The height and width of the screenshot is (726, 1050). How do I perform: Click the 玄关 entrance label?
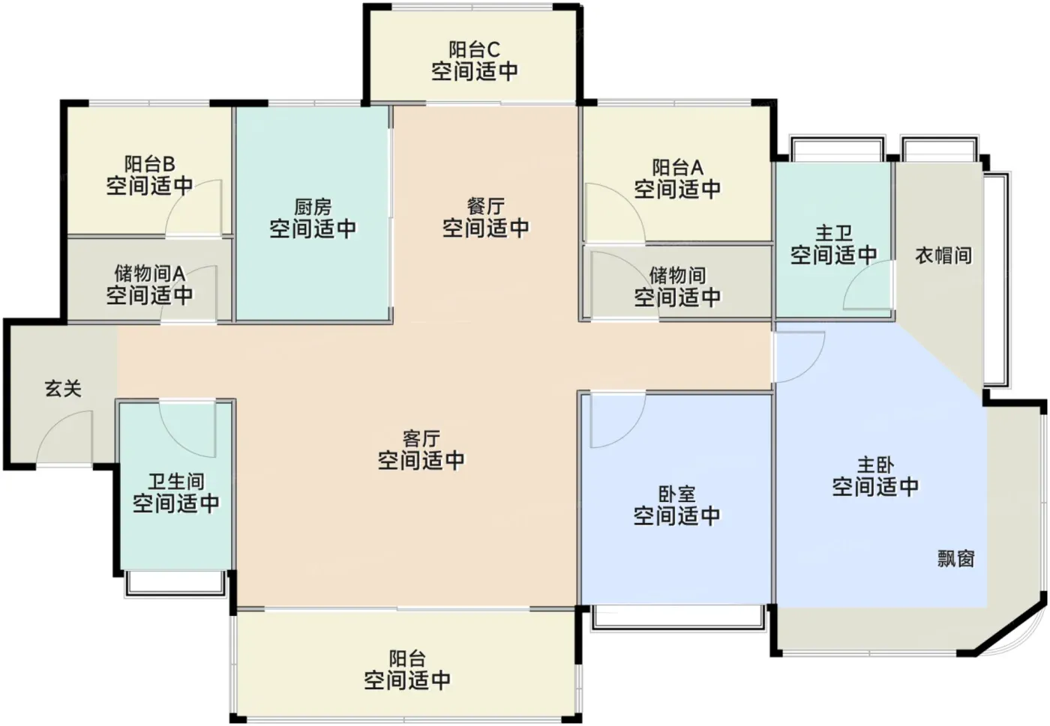coord(63,389)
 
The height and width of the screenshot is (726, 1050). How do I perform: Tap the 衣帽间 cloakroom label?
coord(943,255)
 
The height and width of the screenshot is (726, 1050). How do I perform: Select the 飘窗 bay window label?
coord(956,558)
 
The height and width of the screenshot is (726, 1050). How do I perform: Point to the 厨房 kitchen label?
coord(313,207)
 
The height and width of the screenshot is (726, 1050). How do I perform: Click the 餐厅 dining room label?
coord(486,207)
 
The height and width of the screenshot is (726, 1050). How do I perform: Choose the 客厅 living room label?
coord(421,439)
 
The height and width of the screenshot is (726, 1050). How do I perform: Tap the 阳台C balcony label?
coord(474,49)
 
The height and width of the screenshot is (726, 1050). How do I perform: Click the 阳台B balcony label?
coord(149,164)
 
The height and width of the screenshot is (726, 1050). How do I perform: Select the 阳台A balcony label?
coord(678,167)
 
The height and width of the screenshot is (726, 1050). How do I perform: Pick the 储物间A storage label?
coord(150,274)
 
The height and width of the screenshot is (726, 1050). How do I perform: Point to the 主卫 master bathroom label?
coord(834,233)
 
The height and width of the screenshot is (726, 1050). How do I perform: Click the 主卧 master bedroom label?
coord(876,465)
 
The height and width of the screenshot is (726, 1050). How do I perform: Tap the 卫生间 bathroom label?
coord(176,482)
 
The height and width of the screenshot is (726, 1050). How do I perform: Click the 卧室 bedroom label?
coord(676,494)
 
